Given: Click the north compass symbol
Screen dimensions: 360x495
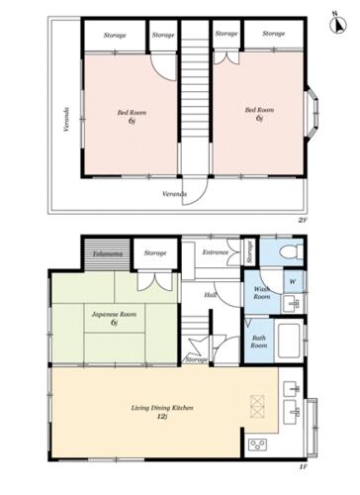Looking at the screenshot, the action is click(x=338, y=24).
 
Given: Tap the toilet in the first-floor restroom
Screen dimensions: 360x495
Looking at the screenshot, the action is click(x=291, y=252).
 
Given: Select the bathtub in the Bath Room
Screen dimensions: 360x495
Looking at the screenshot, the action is click(x=289, y=341).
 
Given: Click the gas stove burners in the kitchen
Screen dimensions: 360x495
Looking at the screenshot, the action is click(x=258, y=445).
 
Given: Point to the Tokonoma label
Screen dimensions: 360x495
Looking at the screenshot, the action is click(x=108, y=254).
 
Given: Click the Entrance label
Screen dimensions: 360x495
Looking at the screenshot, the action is click(x=216, y=252).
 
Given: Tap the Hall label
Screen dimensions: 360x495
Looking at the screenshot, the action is click(x=210, y=295).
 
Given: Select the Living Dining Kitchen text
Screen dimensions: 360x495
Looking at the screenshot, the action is click(x=162, y=408).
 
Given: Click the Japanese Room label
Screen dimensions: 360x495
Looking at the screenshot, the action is click(x=114, y=314).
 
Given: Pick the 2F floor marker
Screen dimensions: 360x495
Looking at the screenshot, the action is click(x=303, y=220).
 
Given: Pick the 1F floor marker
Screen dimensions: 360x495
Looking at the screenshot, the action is click(x=304, y=467).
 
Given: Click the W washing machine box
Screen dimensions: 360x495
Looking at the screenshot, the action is click(x=293, y=281).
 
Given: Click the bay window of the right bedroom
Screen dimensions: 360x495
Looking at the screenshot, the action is click(x=313, y=113).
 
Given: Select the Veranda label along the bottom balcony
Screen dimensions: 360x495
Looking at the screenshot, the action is click(x=174, y=194).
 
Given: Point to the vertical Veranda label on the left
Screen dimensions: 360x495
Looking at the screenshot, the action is click(x=66, y=119).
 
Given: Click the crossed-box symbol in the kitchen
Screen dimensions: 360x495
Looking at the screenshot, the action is click(x=257, y=407).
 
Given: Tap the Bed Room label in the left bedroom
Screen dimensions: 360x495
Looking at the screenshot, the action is click(x=132, y=113).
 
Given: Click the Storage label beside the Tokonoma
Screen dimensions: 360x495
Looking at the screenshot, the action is click(x=155, y=253).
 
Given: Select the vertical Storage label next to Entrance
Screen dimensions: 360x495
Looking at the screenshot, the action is click(x=250, y=251).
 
